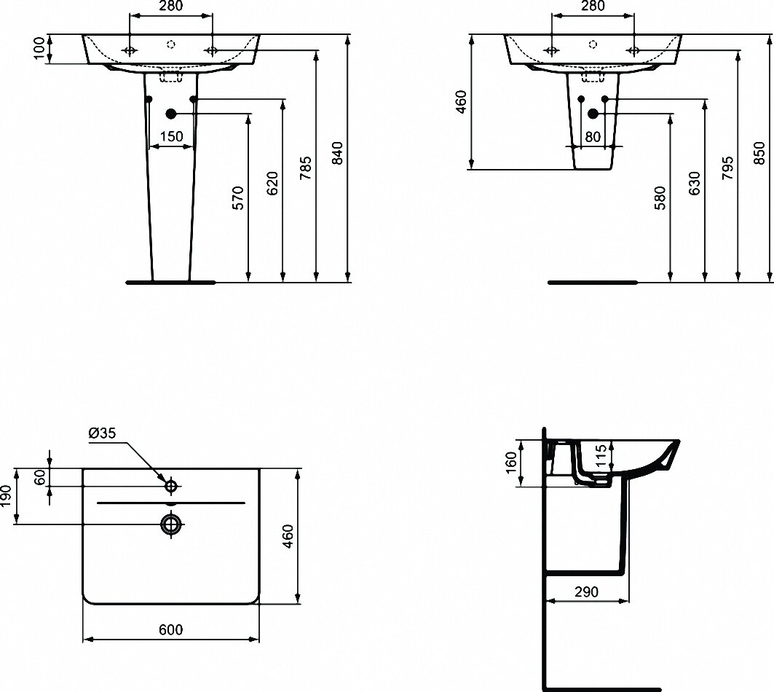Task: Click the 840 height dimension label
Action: point(336,154)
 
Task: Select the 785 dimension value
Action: point(304,170)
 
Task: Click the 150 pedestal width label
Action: point(171,135)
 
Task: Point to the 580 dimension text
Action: point(659,197)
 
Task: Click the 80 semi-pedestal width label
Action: point(593,135)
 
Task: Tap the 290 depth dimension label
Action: point(586,592)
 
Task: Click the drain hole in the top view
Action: point(172,524)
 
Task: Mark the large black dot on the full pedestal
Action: point(171,114)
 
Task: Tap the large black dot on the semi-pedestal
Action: point(593,114)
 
